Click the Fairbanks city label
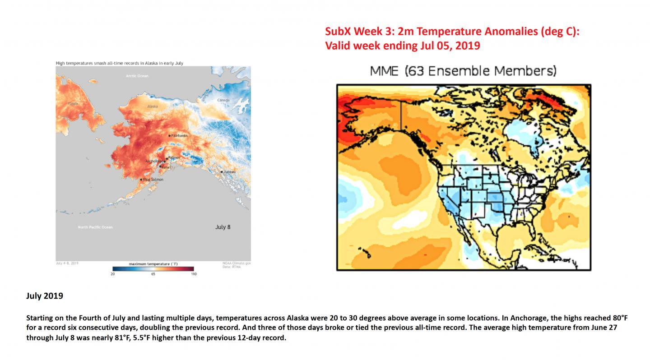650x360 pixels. [x=179, y=135]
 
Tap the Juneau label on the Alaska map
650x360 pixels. [x=229, y=172]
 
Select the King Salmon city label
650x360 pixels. [x=153, y=180]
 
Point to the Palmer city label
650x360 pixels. [x=174, y=157]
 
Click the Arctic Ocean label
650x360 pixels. [x=137, y=76]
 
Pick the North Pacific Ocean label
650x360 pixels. [x=95, y=227]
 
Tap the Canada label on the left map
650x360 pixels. [x=223, y=100]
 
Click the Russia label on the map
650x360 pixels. [x=72, y=103]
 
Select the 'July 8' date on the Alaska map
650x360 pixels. [x=223, y=227]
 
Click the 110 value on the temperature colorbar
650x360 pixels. [x=194, y=274]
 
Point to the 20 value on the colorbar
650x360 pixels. [x=112, y=274]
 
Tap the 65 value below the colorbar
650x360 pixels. [x=153, y=274]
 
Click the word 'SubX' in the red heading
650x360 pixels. [x=339, y=32]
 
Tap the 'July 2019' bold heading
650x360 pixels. [x=44, y=296]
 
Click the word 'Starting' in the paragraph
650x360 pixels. [x=40, y=318]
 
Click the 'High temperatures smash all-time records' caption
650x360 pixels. [x=119, y=63]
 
